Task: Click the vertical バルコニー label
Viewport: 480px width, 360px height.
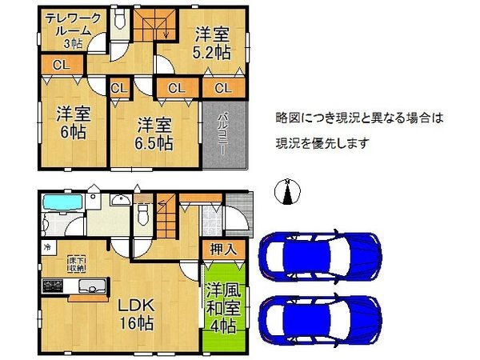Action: point(220,134)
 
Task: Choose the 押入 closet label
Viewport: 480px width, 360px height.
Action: point(222,250)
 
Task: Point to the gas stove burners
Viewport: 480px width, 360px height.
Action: point(52,286)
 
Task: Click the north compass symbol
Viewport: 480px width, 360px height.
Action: point(286,192)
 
